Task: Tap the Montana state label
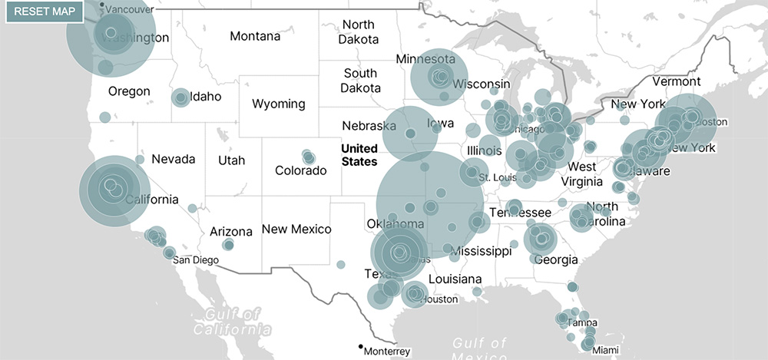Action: (x=255, y=36)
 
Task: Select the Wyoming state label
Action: (x=278, y=104)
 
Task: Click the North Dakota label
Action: (x=359, y=32)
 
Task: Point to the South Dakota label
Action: (x=360, y=81)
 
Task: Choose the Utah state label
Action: (x=231, y=160)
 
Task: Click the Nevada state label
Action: (x=173, y=159)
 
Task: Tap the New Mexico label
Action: (x=296, y=229)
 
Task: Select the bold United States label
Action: (x=359, y=155)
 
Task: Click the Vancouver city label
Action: (x=128, y=9)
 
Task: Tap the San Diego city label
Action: (x=195, y=259)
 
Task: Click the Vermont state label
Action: (x=676, y=81)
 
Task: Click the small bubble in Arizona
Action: (x=228, y=245)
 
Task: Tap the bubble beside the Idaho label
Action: (x=180, y=97)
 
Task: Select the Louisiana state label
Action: (x=455, y=279)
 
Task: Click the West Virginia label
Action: (x=582, y=173)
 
